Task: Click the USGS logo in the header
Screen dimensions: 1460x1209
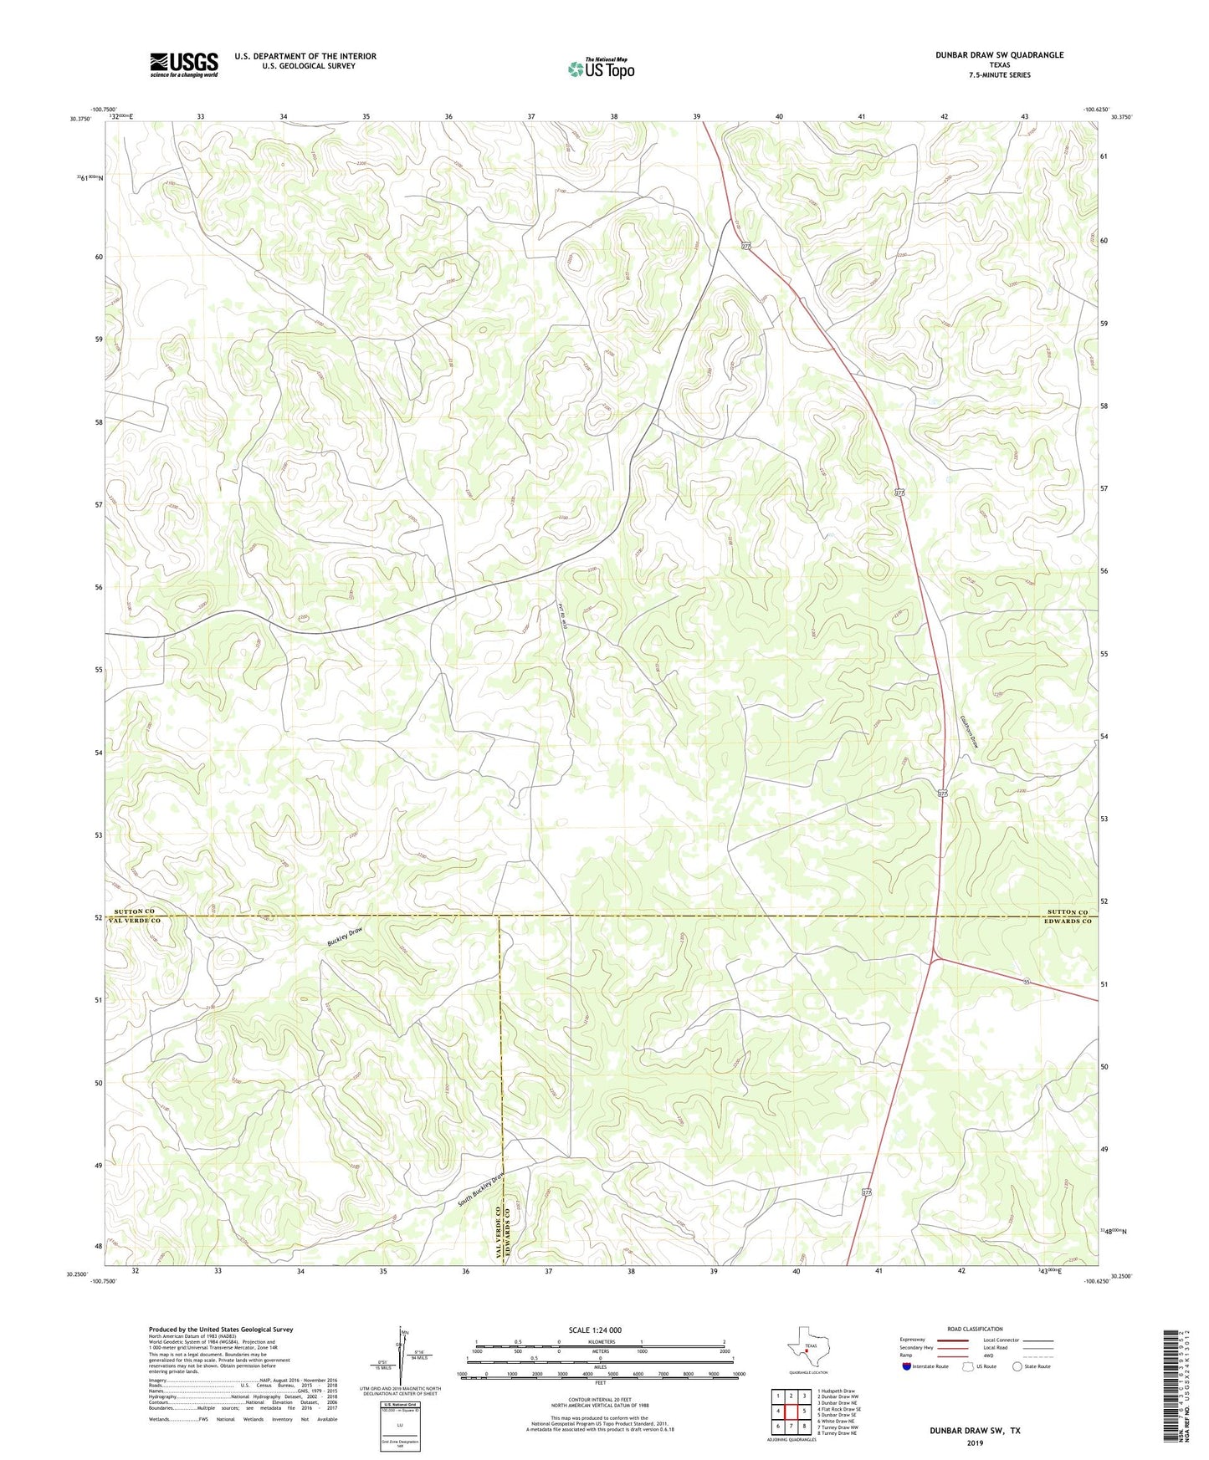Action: pos(184,64)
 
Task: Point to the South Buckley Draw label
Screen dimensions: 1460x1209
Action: pos(481,1189)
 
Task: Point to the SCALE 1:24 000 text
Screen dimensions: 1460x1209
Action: pos(595,1330)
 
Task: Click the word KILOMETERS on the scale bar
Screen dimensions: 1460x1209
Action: pos(599,1342)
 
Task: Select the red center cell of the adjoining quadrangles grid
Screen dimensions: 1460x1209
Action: pos(791,1412)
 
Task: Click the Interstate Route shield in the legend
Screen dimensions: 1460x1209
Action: pos(907,1367)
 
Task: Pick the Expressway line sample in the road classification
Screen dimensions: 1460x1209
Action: pos(954,1340)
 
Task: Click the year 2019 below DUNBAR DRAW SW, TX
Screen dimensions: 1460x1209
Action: pos(975,1442)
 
